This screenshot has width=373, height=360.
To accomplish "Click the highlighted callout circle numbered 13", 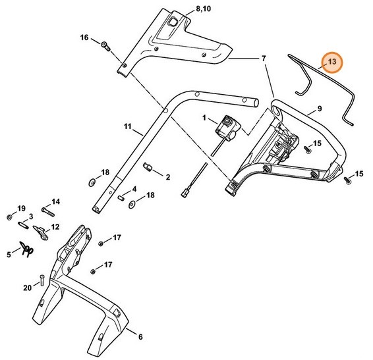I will point(332,63).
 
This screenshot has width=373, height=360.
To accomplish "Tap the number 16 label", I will point(84,38).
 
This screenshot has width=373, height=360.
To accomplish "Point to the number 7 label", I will point(264,59).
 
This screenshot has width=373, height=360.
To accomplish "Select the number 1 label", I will point(205,117).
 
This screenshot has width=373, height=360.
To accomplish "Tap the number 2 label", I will point(168,177).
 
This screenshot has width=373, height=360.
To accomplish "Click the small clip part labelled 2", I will point(150,169).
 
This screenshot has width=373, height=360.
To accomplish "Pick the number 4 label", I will point(134,188).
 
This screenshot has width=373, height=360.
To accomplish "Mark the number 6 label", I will point(139,337).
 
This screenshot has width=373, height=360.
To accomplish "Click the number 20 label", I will point(27,288).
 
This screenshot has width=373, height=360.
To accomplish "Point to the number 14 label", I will point(56,201).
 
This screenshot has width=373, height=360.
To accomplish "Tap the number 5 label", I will point(9,252).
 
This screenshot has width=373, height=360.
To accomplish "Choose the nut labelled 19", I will point(8,217).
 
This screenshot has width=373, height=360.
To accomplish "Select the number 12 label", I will point(55,227).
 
